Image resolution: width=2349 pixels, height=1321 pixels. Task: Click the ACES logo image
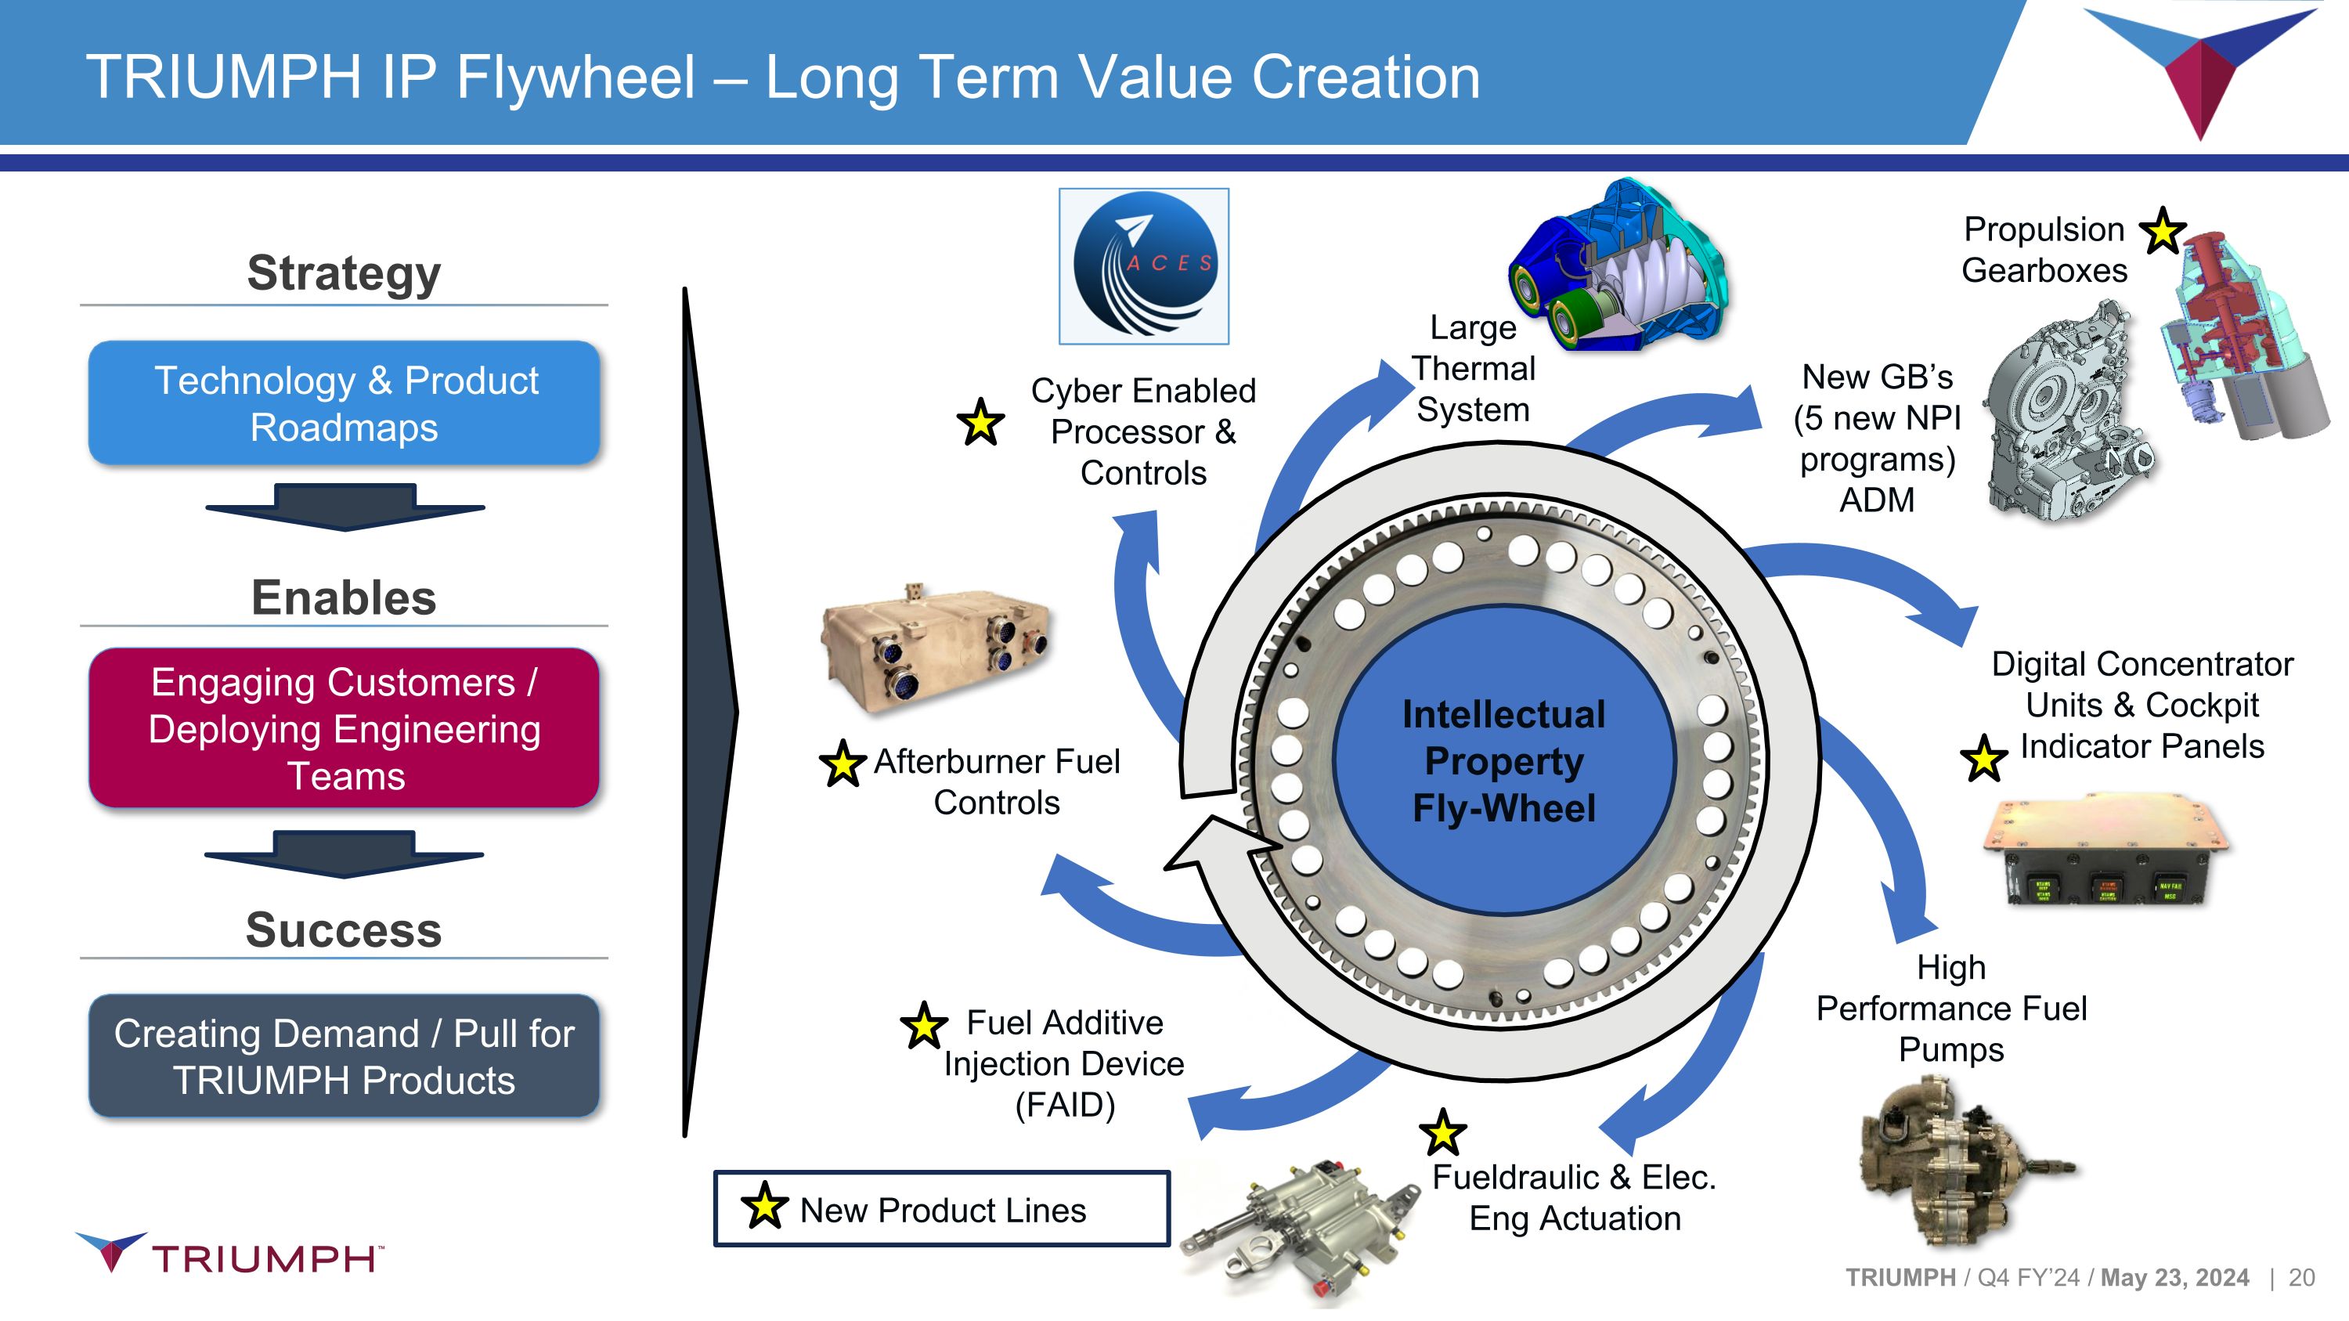tap(1143, 266)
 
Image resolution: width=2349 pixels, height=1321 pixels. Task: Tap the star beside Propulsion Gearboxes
tap(2162, 232)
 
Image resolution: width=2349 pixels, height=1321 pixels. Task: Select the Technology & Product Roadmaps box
tap(345, 404)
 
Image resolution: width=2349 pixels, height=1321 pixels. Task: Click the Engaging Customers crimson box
tap(345, 728)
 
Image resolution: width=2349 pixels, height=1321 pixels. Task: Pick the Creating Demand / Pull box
tap(345, 1056)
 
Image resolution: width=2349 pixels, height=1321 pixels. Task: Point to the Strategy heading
tap(345, 273)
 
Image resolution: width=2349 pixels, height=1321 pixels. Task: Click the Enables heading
tap(345, 598)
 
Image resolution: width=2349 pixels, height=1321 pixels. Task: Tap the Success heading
tap(345, 930)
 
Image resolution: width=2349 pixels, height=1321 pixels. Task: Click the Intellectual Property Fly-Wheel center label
tap(1503, 761)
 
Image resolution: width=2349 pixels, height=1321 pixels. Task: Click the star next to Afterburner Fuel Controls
tap(843, 764)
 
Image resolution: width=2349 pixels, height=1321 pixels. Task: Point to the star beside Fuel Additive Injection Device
tap(924, 1026)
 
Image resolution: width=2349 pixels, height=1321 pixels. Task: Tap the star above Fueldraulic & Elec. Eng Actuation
tap(1442, 1133)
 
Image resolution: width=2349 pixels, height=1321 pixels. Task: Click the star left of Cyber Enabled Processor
tap(980, 423)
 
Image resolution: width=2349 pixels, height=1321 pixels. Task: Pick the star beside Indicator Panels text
tap(1983, 759)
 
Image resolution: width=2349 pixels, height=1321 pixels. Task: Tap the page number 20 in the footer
tap(2301, 1277)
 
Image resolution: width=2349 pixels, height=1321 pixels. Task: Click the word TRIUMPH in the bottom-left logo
tap(265, 1259)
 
